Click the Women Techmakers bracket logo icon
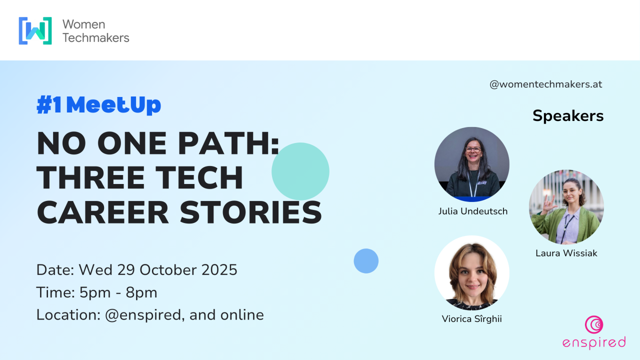[x=35, y=30]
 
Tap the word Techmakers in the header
[x=95, y=37]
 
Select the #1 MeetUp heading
[x=98, y=105]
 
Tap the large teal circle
[x=300, y=171]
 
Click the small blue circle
[x=366, y=261]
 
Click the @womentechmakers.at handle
[x=546, y=84]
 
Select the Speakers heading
[x=568, y=116]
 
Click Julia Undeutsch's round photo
[x=471, y=164]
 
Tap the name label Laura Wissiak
[x=566, y=253]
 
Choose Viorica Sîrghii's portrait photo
[x=471, y=273]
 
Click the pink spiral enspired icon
[x=594, y=325]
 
